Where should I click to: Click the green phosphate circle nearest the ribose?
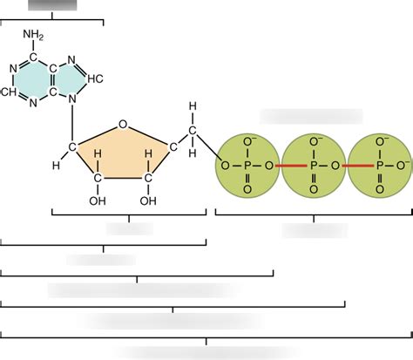[x=247, y=164]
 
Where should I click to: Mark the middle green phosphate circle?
[x=313, y=164]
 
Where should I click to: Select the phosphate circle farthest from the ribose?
[x=378, y=164]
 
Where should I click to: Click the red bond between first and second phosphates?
[x=281, y=164]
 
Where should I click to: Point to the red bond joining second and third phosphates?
[x=346, y=164]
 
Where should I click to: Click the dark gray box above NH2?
[x=52, y=4]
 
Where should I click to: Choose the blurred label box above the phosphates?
[x=311, y=116]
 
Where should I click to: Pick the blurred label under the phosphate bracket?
[x=311, y=229]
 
